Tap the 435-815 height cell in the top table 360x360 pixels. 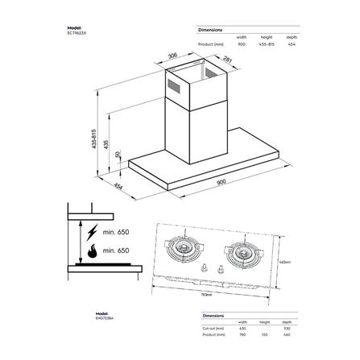tap(265, 45)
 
